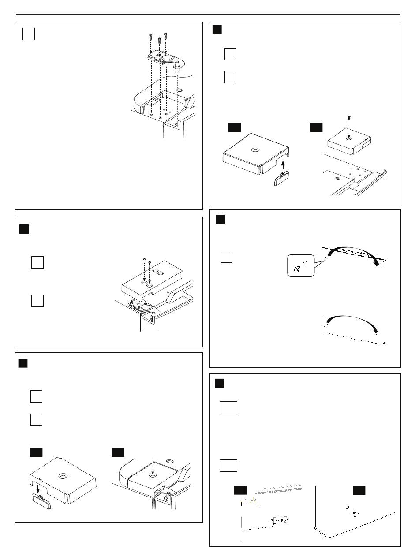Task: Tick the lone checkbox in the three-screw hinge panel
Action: coord(29,34)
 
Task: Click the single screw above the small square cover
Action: coord(348,118)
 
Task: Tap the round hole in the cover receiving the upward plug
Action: coord(255,150)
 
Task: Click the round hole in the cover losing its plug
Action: coord(62,477)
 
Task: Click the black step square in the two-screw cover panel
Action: coord(24,229)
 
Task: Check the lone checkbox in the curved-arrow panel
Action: coord(226,257)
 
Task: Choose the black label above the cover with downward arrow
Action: coord(36,452)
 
